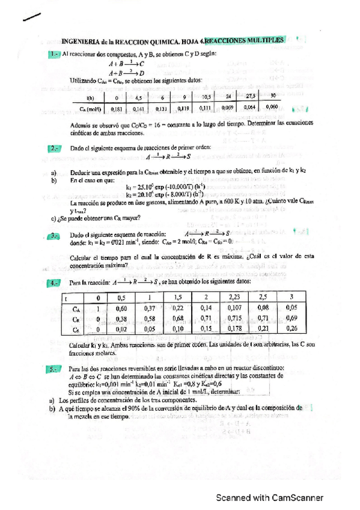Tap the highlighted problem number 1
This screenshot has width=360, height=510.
point(53,55)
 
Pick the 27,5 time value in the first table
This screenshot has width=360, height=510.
point(252,96)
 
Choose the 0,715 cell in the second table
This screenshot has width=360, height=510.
point(235,318)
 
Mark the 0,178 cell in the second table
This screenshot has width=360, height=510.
point(235,328)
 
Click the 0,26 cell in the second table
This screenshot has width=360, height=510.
point(291,328)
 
